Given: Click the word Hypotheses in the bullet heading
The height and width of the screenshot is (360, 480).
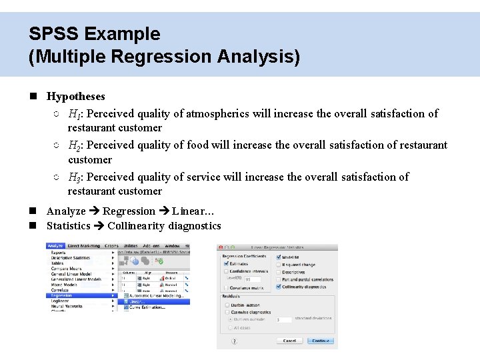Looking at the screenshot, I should coord(76,97).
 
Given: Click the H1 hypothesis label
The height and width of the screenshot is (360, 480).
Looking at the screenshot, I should coord(74,114).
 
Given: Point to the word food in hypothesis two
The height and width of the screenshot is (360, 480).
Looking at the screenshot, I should coord(197,145).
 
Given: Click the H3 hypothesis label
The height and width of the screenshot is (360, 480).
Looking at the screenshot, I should coord(74,177).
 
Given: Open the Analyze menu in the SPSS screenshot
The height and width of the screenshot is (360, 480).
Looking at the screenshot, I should coord(55,246).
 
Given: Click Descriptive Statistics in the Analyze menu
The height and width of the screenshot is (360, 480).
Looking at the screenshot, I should coord(71,258).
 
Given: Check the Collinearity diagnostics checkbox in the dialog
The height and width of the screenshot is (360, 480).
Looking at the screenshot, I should coord(278,287).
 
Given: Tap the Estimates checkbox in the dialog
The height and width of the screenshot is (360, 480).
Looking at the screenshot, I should coord(226,264).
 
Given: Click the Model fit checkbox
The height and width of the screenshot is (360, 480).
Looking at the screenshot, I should coord(278,257).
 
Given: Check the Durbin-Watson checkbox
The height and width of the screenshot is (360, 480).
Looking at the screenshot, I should coord(226,305).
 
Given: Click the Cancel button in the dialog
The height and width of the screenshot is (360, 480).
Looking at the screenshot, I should coord(289,341).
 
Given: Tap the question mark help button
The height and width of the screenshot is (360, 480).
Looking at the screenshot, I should coord(234,341).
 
